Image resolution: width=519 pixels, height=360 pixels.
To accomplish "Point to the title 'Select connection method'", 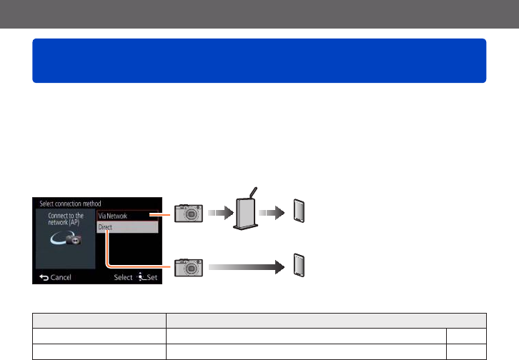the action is click(x=70, y=204).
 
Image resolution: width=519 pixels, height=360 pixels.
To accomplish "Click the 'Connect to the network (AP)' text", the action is click(x=65, y=219).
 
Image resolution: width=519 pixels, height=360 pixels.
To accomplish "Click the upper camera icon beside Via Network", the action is click(x=189, y=214).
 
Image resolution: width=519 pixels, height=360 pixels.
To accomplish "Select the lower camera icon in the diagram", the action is click(x=189, y=266).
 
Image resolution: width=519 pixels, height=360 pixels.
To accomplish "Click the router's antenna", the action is click(x=252, y=194).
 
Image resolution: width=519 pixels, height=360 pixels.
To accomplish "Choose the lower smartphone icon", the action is click(x=301, y=266).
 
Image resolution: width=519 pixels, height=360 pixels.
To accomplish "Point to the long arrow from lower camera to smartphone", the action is click(x=244, y=266).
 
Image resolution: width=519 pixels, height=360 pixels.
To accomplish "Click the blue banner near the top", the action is click(x=259, y=61).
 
